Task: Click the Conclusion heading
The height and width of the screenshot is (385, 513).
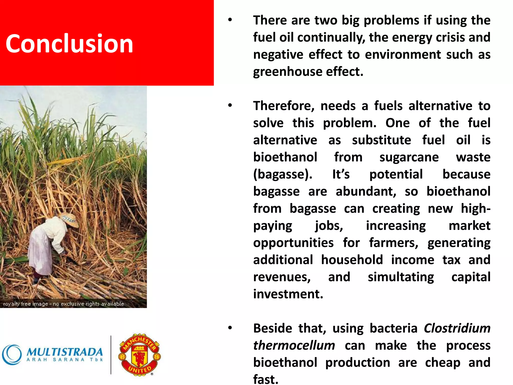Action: pyautogui.click(x=69, y=44)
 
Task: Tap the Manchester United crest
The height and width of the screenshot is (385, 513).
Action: pyautogui.click(x=140, y=354)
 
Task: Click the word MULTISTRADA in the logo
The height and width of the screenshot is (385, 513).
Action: pyautogui.click(x=65, y=352)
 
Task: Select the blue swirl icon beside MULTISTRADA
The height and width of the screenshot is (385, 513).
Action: pyautogui.click(x=12, y=354)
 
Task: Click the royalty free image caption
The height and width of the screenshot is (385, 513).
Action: pyautogui.click(x=64, y=304)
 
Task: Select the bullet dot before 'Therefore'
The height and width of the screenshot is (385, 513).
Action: pyautogui.click(x=230, y=106)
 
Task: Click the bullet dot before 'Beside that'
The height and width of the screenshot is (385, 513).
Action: pyautogui.click(x=230, y=328)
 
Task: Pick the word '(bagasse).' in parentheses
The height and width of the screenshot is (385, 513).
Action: pyautogui.click(x=283, y=174)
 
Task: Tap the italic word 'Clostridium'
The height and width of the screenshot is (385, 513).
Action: pyautogui.click(x=457, y=328)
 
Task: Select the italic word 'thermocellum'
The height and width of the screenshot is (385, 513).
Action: pyautogui.click(x=294, y=345)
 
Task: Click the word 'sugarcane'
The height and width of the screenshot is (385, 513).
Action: pyautogui.click(x=409, y=157)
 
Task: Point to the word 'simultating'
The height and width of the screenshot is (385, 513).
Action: pyautogui.click(x=401, y=277)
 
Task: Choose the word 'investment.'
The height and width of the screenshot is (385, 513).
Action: pyautogui.click(x=288, y=294)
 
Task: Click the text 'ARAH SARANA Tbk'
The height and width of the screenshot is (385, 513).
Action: pyautogui.click(x=65, y=360)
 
